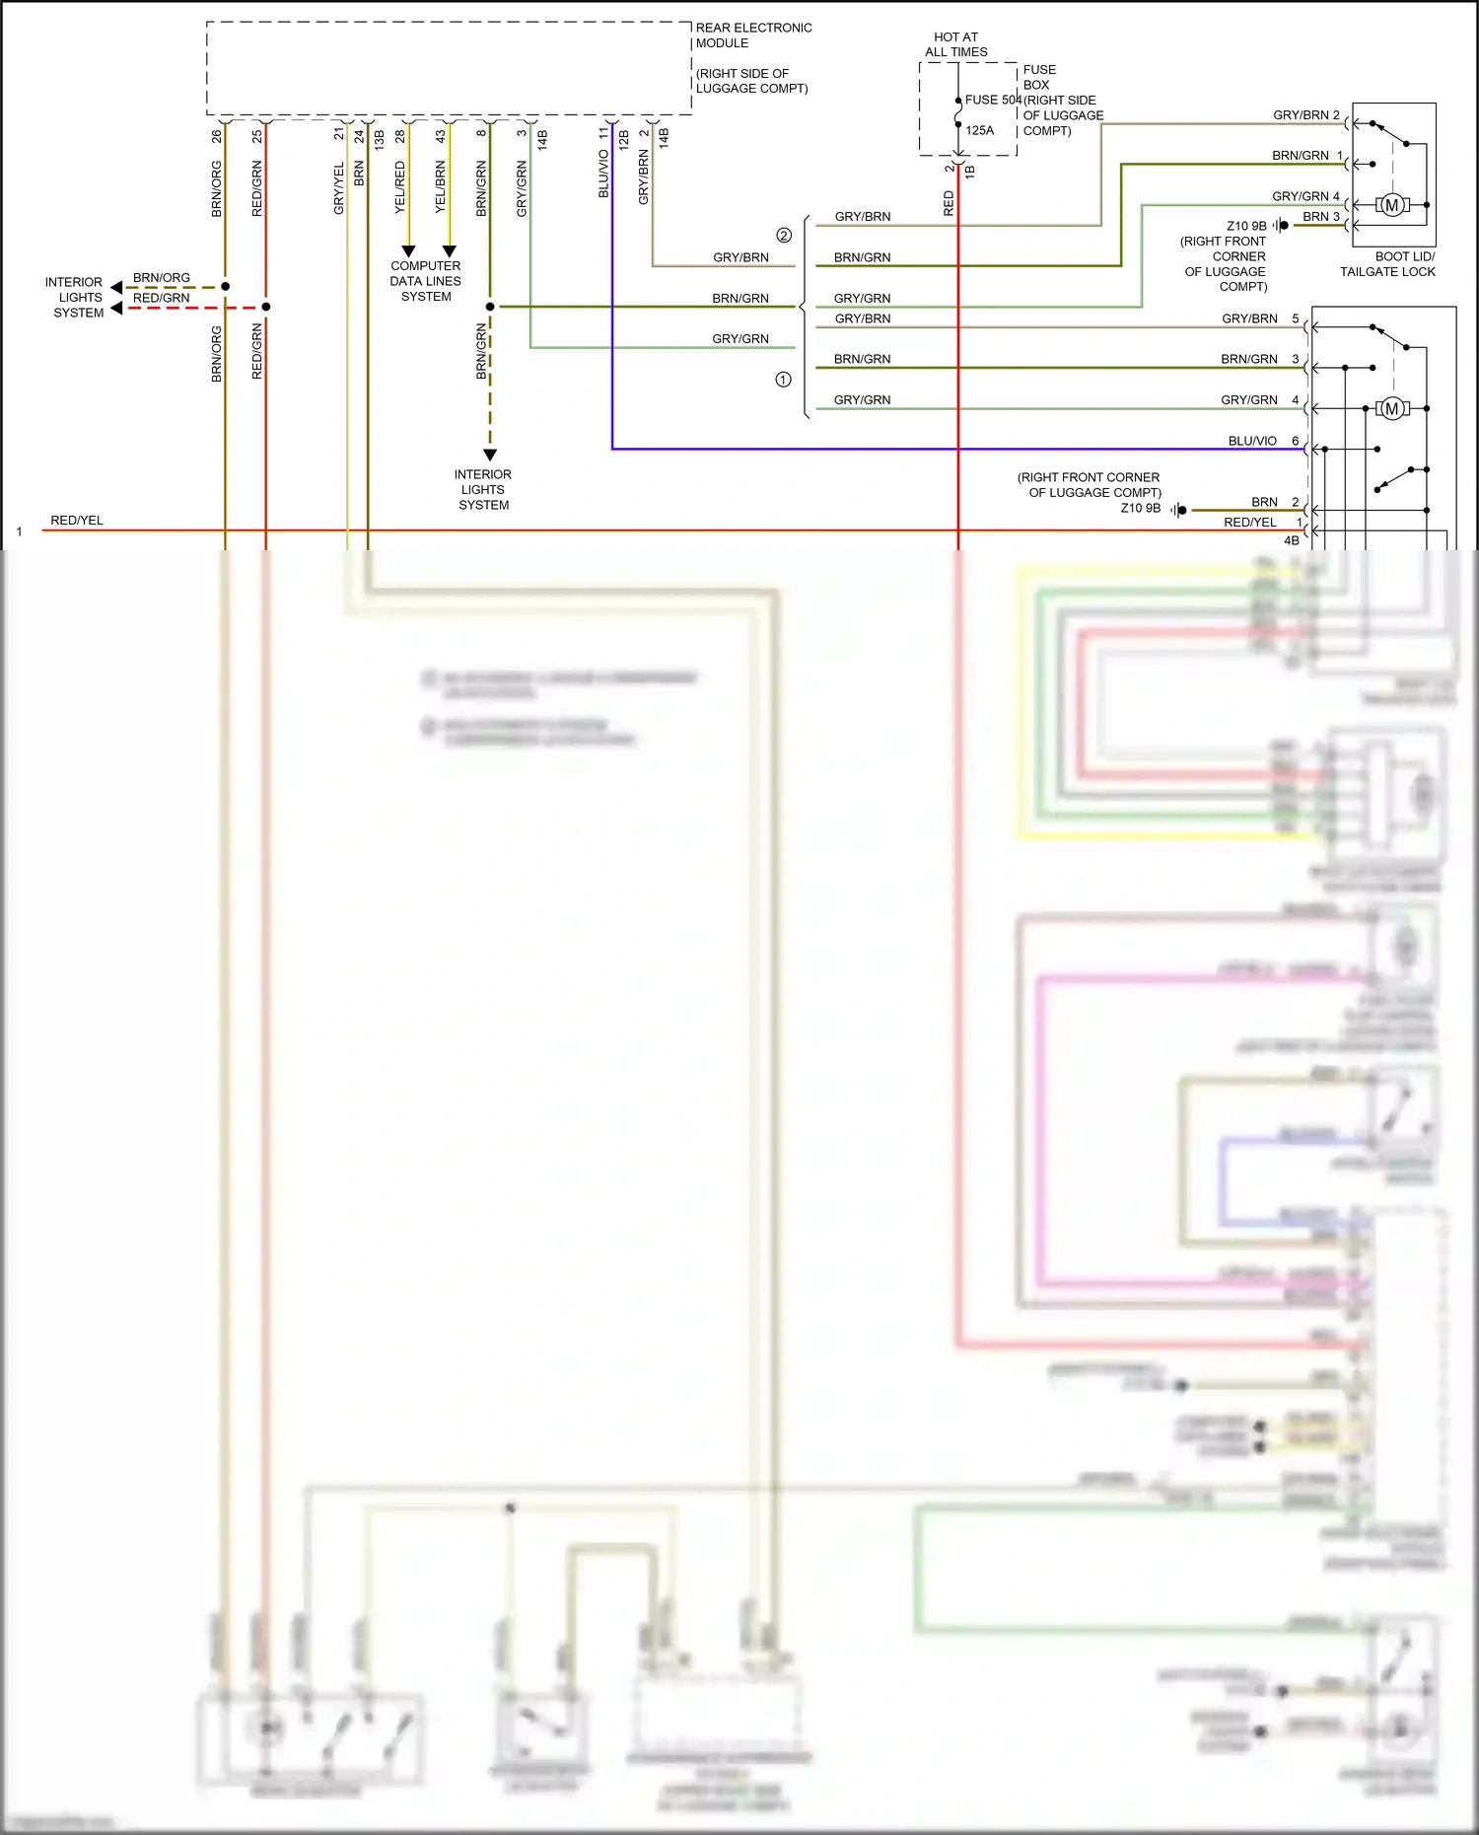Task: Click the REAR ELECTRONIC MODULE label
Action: [753, 35]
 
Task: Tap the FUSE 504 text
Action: [992, 100]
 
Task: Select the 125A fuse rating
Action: [979, 130]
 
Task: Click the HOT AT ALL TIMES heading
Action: [955, 44]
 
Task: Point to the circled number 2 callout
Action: [784, 236]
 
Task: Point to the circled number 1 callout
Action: [783, 380]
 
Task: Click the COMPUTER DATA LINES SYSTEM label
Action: [426, 281]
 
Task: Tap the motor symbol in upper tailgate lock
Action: [1391, 205]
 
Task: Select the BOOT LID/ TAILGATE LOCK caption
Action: [1387, 264]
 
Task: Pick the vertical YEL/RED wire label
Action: [400, 187]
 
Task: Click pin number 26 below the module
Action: [217, 136]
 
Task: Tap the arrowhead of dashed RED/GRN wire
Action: [117, 308]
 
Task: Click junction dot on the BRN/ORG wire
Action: [226, 287]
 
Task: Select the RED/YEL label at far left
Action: [77, 521]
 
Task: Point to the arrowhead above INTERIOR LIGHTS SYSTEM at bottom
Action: [490, 455]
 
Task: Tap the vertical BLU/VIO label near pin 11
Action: [603, 174]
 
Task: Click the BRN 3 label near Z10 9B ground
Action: [1320, 216]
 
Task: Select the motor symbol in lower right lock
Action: [1391, 408]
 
